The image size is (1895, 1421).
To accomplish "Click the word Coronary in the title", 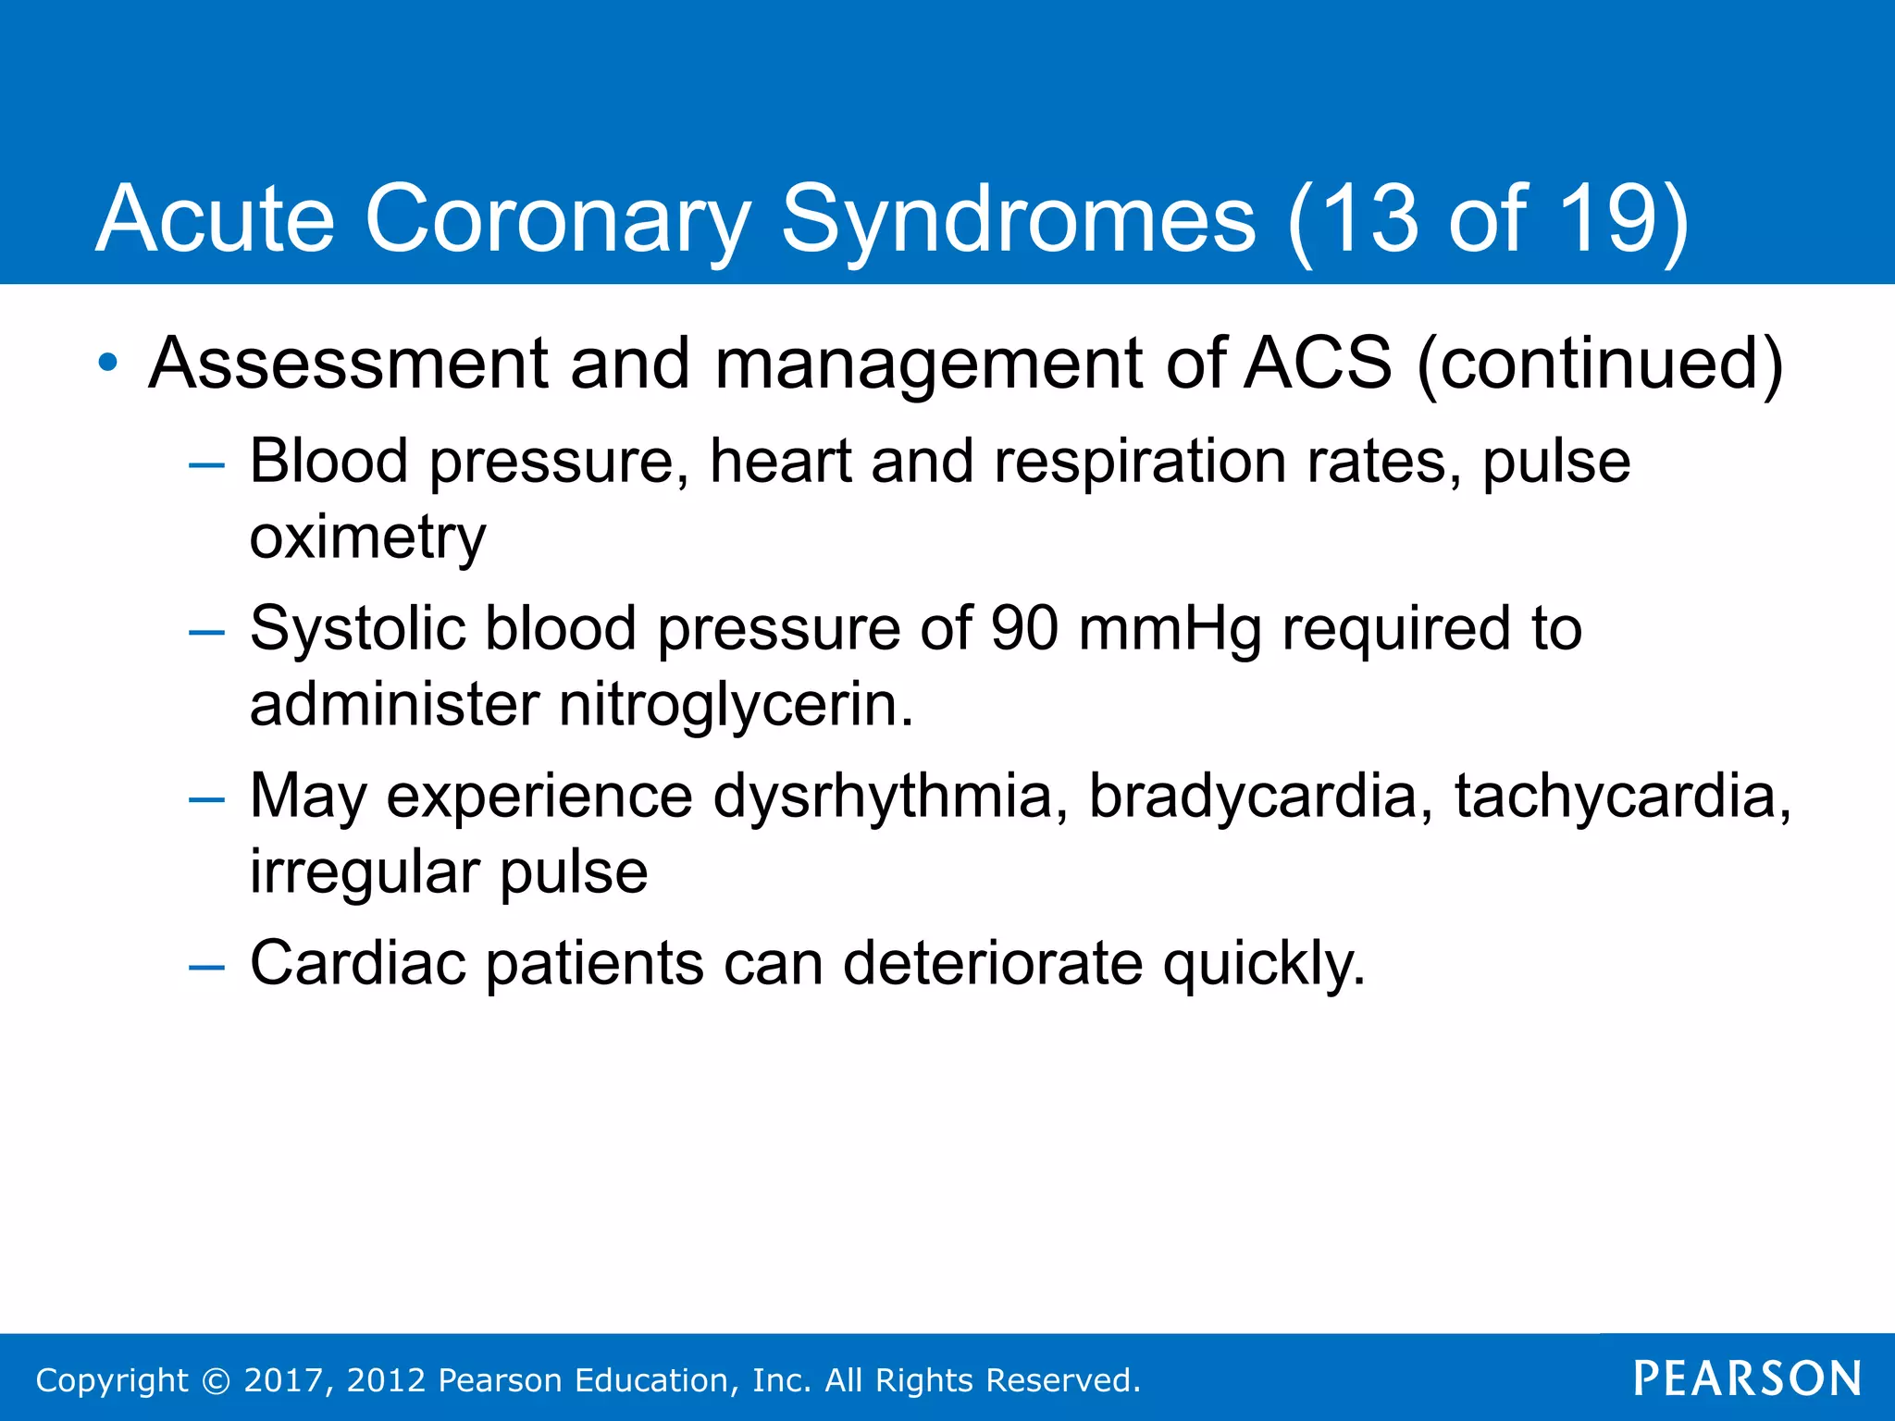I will click(557, 218).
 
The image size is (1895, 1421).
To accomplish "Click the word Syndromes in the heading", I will click(1019, 220).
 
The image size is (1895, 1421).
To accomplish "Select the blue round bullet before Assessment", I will click(108, 362).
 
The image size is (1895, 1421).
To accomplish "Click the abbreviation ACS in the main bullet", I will click(1318, 362).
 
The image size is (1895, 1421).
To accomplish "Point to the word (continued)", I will click(1599, 364).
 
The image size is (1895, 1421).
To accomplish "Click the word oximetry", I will click(367, 538).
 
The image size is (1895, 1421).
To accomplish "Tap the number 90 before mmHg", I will click(1023, 628).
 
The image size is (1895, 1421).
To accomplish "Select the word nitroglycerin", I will click(736, 706).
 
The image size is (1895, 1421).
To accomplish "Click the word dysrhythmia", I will click(883, 796).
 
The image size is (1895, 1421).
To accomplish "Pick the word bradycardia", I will click(1253, 796).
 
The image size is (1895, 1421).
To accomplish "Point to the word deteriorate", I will click(992, 964).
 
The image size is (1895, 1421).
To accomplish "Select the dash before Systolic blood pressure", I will click(206, 633).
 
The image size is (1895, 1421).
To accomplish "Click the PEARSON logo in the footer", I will click(1747, 1378).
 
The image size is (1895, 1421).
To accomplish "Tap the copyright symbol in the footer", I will click(216, 1380).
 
